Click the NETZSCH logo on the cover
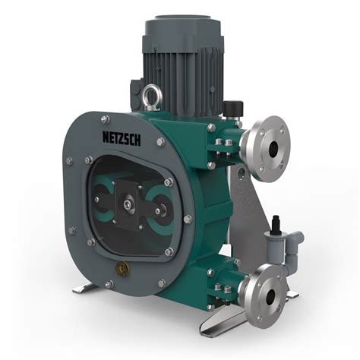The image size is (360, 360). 122,138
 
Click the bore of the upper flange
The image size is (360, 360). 273,148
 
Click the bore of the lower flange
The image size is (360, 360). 270,295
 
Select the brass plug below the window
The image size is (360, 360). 122,268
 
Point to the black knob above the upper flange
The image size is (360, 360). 233,107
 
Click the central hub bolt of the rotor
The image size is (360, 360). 127,204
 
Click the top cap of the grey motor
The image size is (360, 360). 184,20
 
